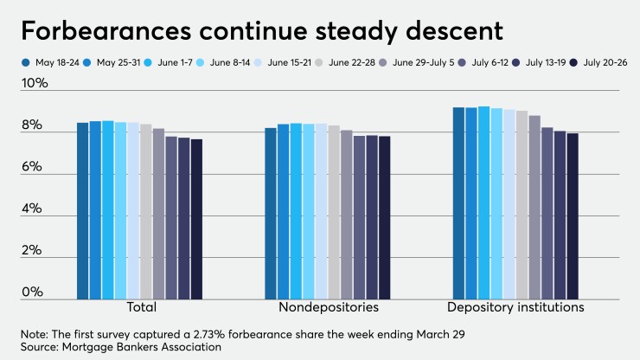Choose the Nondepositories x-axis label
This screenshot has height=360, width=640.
pos(328,307)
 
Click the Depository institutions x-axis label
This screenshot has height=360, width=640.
pos(515,307)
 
